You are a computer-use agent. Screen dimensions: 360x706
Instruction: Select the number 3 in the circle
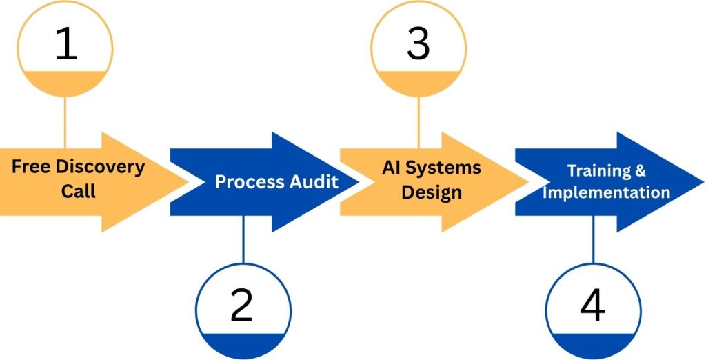[x=418, y=43]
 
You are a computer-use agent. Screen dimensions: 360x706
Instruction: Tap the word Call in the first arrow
[x=79, y=190]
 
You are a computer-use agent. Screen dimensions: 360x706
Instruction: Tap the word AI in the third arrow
[x=393, y=168]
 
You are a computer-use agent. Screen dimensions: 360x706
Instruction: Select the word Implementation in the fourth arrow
[x=606, y=192]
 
